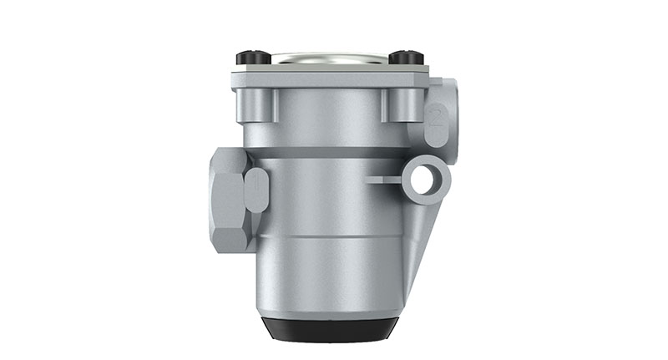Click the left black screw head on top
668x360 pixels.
pos(254,58)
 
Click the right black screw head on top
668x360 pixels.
pos(407,58)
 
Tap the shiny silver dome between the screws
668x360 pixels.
pos(330,59)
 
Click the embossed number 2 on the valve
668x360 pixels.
pos(436,118)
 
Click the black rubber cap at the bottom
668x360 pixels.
pos(330,330)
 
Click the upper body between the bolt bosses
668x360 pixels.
pos(330,113)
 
